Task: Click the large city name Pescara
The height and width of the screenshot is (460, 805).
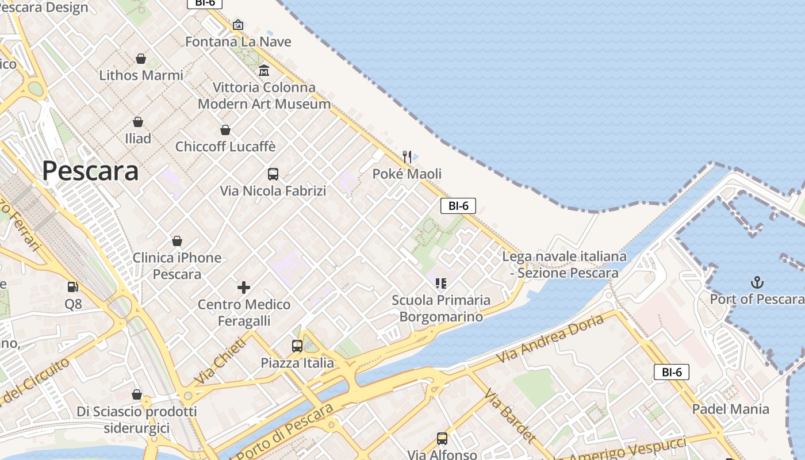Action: pyautogui.click(x=90, y=171)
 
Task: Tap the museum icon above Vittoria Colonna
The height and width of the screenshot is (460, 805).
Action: pyautogui.click(x=264, y=71)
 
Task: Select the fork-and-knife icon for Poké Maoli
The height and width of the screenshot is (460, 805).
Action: pyautogui.click(x=407, y=156)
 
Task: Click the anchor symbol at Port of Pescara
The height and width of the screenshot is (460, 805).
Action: pyautogui.click(x=757, y=282)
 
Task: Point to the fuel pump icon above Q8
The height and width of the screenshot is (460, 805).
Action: pyautogui.click(x=73, y=286)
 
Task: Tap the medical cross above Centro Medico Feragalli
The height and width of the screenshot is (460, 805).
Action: pyautogui.click(x=244, y=287)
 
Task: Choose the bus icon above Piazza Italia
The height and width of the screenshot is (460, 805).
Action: pyautogui.click(x=297, y=346)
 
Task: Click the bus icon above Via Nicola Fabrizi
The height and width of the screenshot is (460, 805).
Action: pyautogui.click(x=273, y=174)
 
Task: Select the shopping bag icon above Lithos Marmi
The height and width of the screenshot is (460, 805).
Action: pyautogui.click(x=141, y=59)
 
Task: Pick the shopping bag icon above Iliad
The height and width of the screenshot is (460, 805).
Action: pyautogui.click(x=138, y=122)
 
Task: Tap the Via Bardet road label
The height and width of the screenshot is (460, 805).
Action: pyautogui.click(x=509, y=415)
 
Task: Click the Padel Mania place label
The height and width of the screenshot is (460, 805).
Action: pyautogui.click(x=730, y=409)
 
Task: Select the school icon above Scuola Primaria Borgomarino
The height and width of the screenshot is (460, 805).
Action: pyautogui.click(x=441, y=283)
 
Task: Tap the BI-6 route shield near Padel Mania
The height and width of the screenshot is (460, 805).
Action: pyautogui.click(x=671, y=372)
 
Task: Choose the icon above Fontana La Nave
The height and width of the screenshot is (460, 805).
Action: pyautogui.click(x=238, y=25)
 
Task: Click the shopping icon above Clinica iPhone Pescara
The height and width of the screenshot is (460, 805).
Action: pyautogui.click(x=177, y=241)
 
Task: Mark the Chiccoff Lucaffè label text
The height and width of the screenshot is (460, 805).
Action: pyautogui.click(x=225, y=147)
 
